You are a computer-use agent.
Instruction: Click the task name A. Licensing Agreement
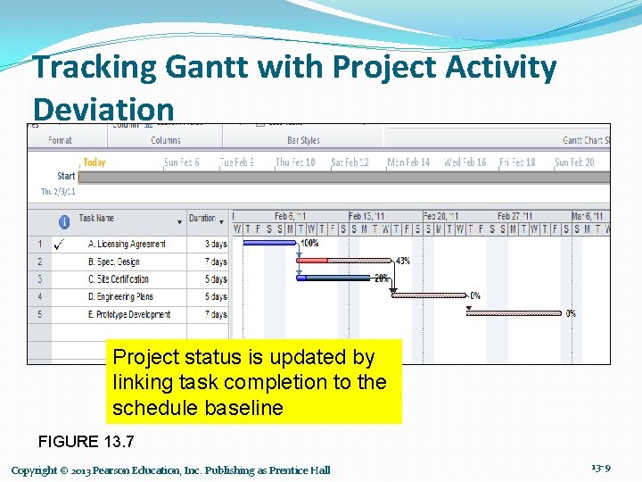(x=127, y=244)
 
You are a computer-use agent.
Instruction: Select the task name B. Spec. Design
(x=114, y=262)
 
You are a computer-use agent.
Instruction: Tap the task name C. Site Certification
(x=119, y=279)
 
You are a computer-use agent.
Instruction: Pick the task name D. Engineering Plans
(x=120, y=296)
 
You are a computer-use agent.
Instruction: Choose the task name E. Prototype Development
(x=129, y=314)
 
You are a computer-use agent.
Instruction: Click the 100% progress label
(x=309, y=243)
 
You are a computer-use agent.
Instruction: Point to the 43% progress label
(x=402, y=261)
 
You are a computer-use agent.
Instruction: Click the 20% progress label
(x=381, y=278)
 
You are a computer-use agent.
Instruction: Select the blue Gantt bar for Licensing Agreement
(x=268, y=243)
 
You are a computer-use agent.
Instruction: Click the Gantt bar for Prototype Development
(x=514, y=313)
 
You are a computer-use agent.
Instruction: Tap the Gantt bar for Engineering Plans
(x=429, y=295)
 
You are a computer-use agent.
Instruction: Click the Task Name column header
(x=96, y=219)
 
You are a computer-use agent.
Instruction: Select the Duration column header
(x=202, y=219)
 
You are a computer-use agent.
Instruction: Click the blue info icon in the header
(x=64, y=221)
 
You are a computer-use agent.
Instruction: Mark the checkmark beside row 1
(x=59, y=244)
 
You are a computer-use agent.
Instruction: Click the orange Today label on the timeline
(x=94, y=162)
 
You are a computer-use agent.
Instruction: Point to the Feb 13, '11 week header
(x=366, y=216)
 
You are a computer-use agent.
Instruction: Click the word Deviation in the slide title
(x=103, y=109)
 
